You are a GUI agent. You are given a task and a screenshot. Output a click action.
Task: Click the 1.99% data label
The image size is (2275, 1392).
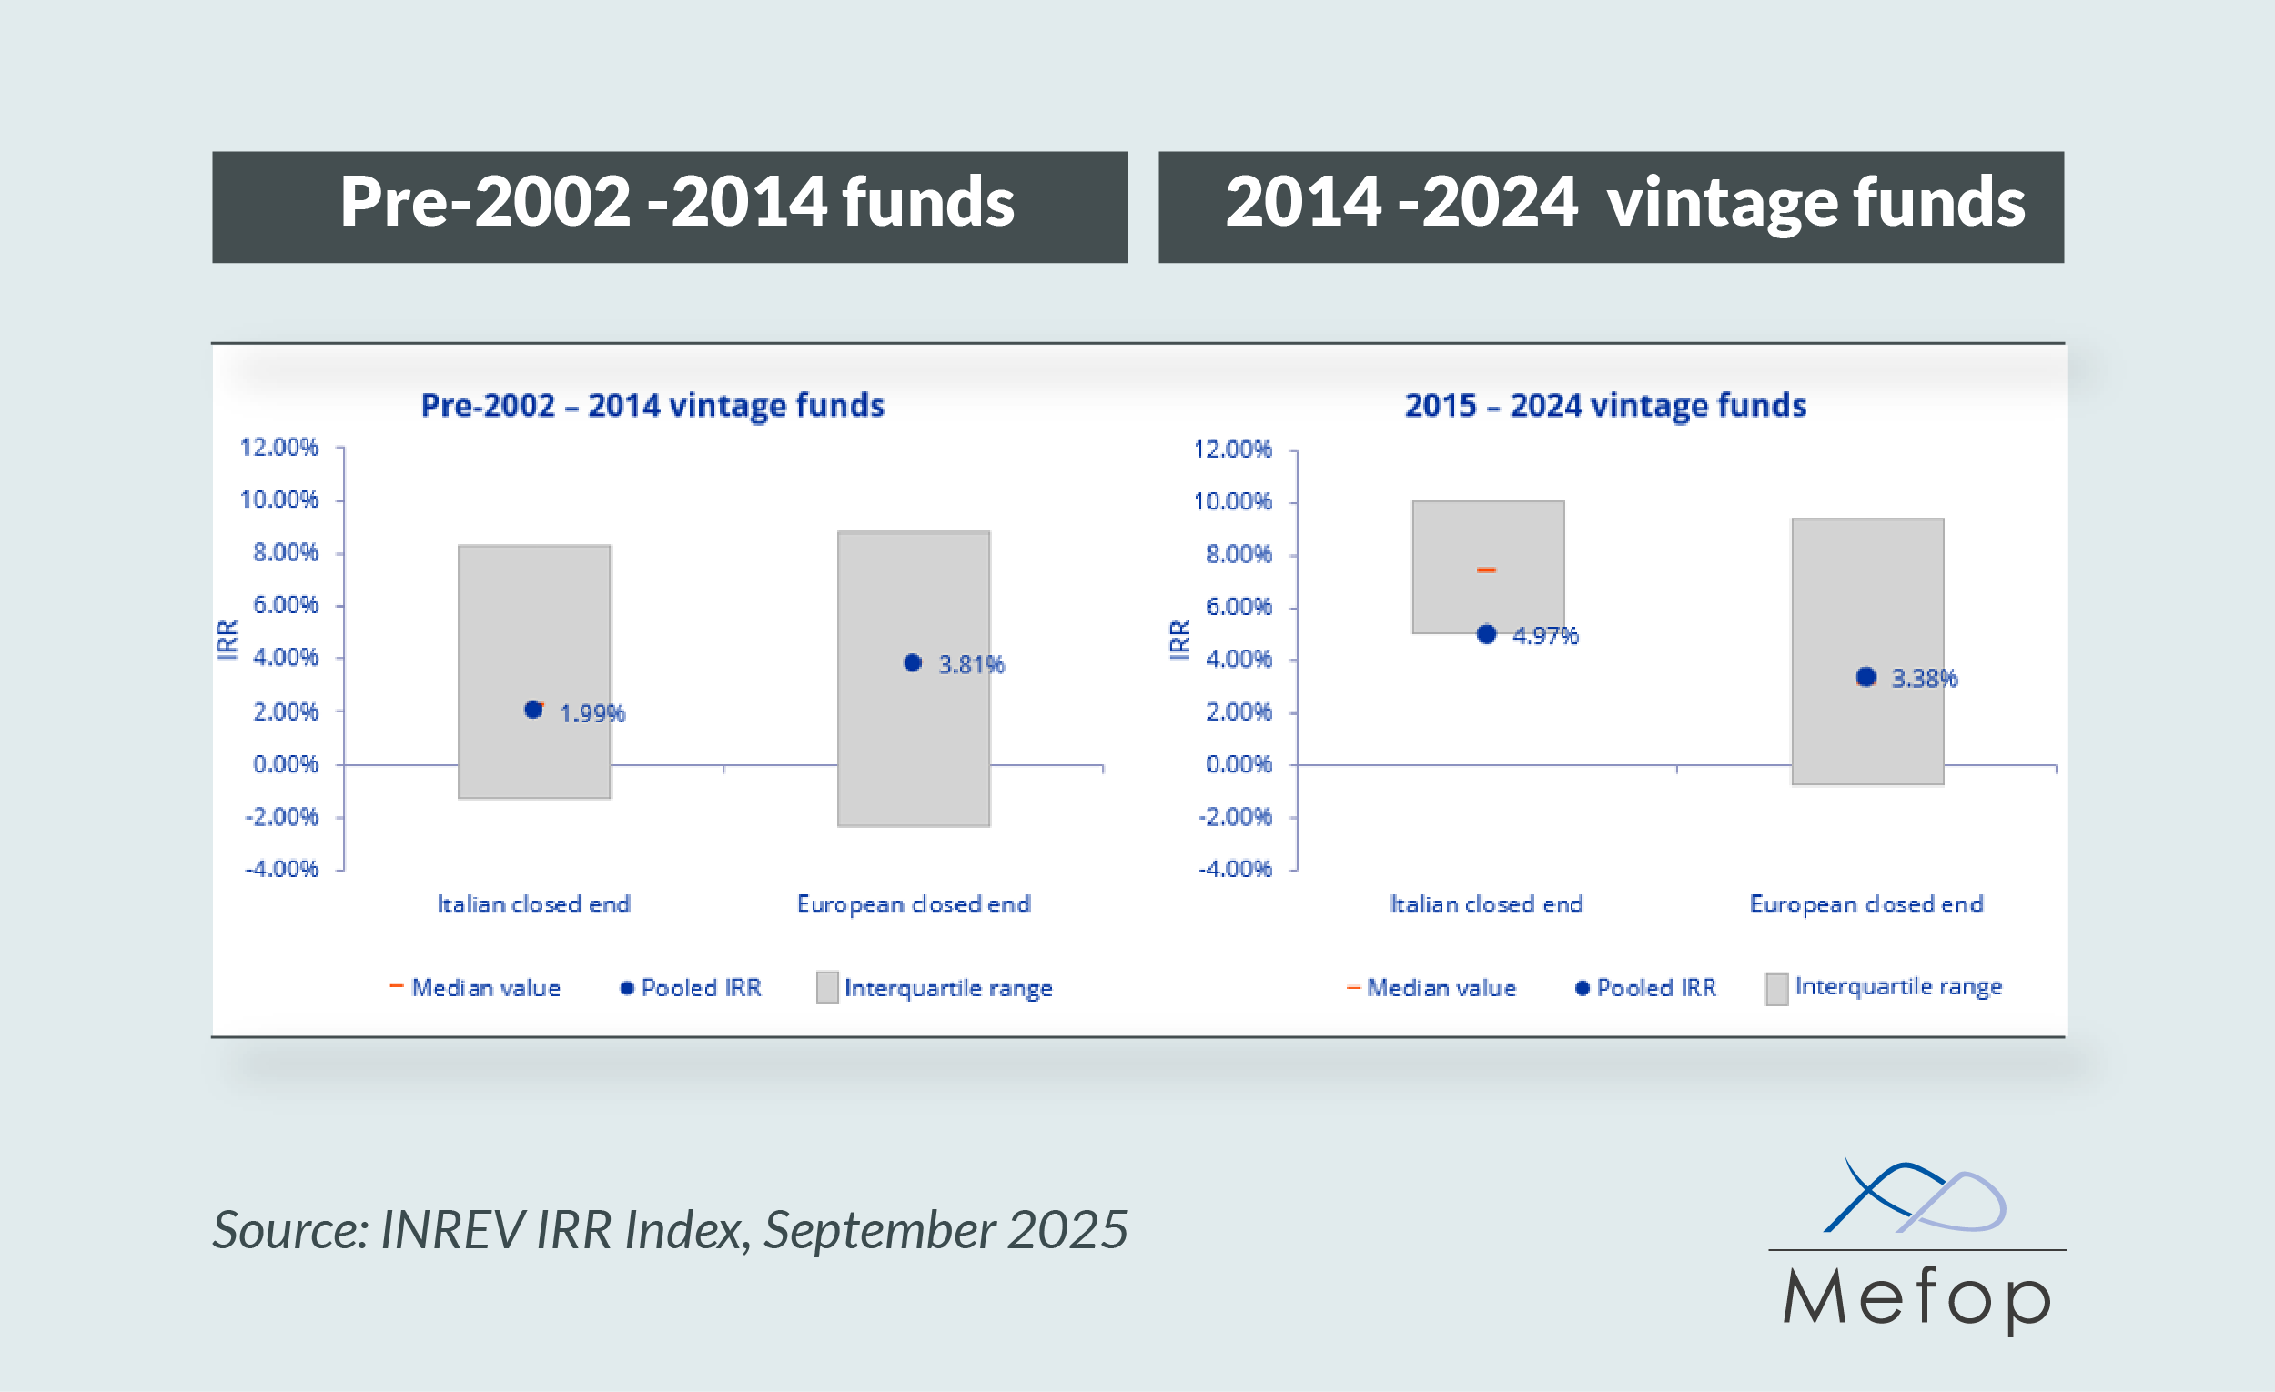(591, 713)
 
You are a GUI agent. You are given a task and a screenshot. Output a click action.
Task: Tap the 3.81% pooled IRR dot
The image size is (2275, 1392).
(912, 662)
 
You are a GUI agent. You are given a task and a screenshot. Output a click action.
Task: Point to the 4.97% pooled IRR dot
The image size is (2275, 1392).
(1487, 634)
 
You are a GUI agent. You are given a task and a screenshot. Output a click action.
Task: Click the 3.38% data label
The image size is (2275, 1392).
(1924, 679)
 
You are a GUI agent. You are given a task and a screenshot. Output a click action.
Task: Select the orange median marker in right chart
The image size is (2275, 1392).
(1487, 570)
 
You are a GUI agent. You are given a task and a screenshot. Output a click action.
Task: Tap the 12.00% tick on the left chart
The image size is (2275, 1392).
(278, 448)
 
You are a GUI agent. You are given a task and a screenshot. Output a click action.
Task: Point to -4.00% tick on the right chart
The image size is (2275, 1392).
(1235, 870)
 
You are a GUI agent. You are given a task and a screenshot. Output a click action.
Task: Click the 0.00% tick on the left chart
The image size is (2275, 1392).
(286, 764)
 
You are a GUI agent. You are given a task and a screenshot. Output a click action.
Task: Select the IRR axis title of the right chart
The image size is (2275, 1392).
(1180, 640)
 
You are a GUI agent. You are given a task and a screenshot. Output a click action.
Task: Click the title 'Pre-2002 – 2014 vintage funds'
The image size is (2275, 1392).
(652, 405)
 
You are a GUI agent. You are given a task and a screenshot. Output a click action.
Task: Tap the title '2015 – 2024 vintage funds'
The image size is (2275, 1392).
(1604, 405)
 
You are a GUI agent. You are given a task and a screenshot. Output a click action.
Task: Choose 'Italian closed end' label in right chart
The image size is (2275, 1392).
(1487, 904)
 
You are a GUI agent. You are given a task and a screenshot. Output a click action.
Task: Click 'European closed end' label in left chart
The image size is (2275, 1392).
(913, 904)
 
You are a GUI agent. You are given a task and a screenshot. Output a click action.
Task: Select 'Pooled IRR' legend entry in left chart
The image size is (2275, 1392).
(700, 989)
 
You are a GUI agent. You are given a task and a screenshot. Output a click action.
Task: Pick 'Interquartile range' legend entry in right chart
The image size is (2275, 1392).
(1897, 987)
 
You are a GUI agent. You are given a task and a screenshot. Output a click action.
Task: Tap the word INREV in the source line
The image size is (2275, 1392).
(450, 1230)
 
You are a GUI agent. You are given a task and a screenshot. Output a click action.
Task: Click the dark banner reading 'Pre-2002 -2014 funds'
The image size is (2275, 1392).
(671, 207)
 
